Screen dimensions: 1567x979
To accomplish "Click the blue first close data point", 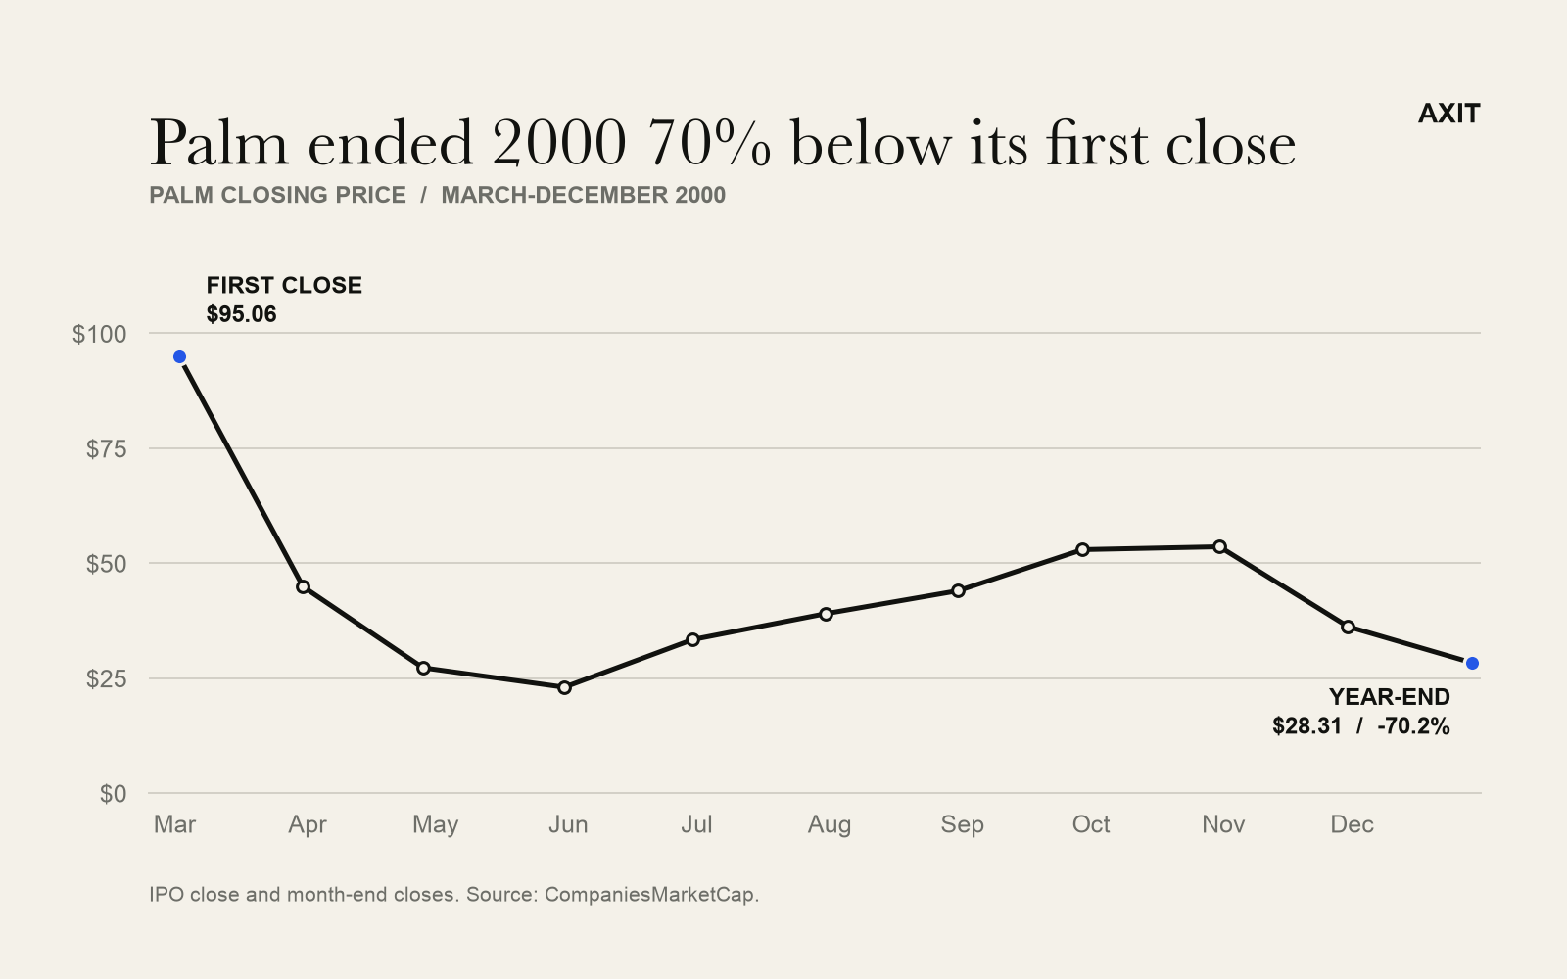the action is [180, 357].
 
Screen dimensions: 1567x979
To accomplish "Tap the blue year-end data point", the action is [1472, 663].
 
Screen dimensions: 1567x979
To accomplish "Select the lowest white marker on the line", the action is [564, 687].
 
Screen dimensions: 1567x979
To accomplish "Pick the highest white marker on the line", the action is [1219, 546].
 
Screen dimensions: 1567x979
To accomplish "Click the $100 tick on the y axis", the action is [99, 334].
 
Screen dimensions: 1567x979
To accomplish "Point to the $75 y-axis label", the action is [107, 449].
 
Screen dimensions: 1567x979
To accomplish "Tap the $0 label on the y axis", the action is [114, 794].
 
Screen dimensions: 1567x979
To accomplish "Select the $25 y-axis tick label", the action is [107, 678].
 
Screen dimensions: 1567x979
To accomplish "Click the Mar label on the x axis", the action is [175, 824].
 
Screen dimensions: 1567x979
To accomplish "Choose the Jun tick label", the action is [568, 824].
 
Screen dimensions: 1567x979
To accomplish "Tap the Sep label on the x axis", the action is [962, 825].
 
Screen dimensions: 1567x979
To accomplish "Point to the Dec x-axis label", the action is [1352, 824].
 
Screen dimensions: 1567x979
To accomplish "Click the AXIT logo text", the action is [1448, 114].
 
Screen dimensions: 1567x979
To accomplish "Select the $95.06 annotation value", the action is [241, 314].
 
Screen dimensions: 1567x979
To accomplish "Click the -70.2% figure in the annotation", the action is [1413, 726].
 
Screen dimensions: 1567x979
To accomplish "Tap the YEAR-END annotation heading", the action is [1390, 697].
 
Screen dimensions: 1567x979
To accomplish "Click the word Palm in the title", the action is [219, 143].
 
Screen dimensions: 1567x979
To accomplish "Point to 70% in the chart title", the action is [709, 143].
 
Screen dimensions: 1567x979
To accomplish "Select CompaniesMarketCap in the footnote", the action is [649, 895].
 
